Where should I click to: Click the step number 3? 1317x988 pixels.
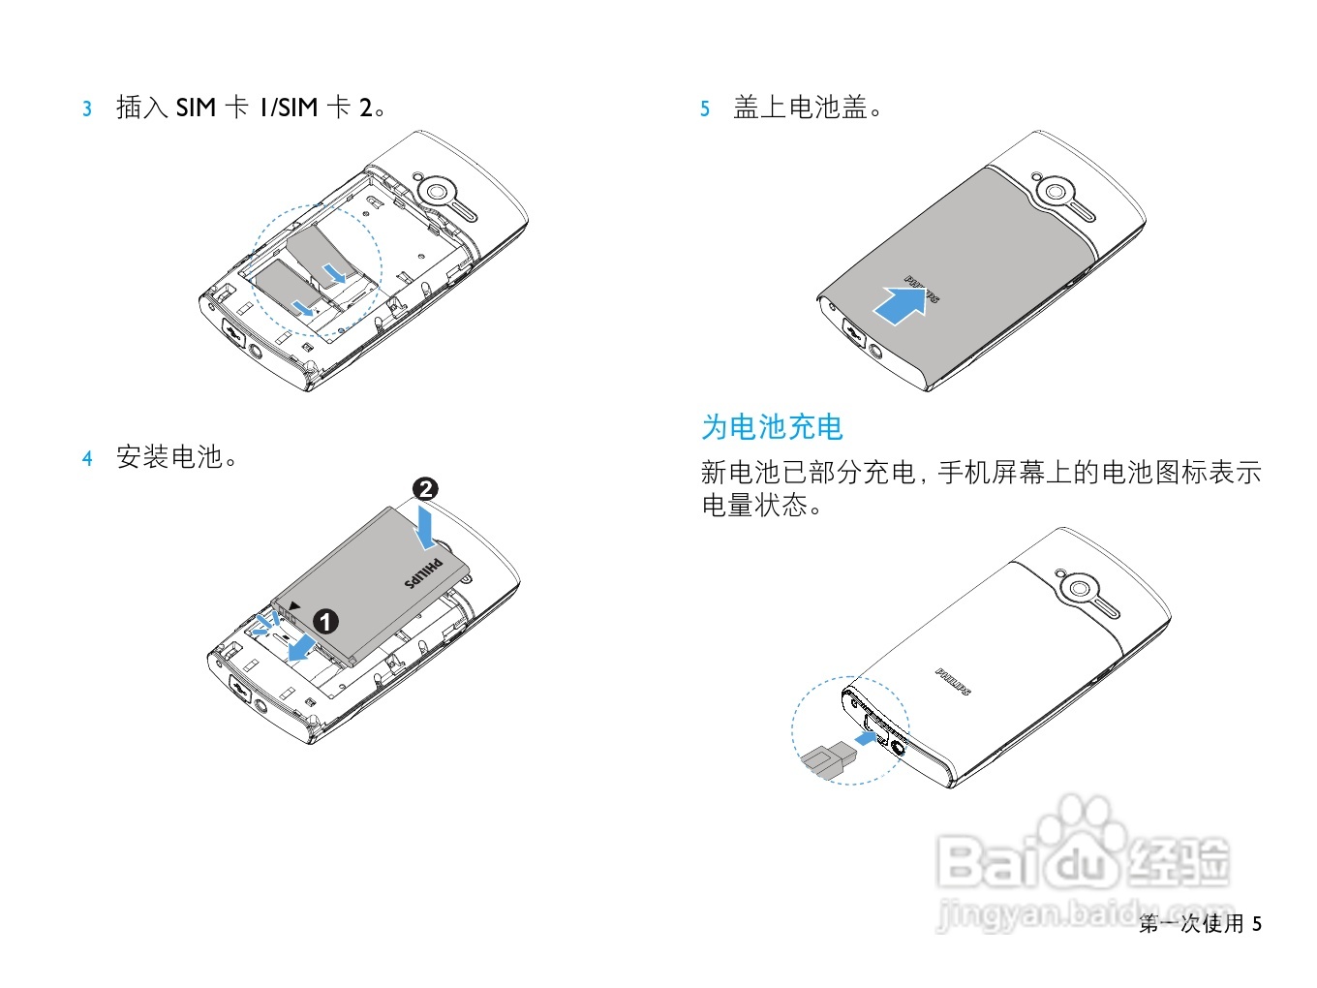tap(87, 108)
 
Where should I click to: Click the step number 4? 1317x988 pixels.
tap(87, 458)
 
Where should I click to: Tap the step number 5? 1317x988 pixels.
tap(705, 108)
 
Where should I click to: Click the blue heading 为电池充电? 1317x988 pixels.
tap(772, 427)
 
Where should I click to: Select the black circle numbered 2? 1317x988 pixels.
tap(425, 489)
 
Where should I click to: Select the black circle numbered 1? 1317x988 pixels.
tap(326, 621)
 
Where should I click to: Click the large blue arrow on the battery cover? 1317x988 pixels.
tap(904, 305)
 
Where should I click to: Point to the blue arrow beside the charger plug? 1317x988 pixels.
tap(869, 739)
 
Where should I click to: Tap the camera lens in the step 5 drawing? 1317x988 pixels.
tap(1056, 192)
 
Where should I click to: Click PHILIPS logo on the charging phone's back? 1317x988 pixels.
tap(953, 681)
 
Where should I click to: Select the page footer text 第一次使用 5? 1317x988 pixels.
tap(1200, 923)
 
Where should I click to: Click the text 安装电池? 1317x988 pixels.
tap(170, 457)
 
